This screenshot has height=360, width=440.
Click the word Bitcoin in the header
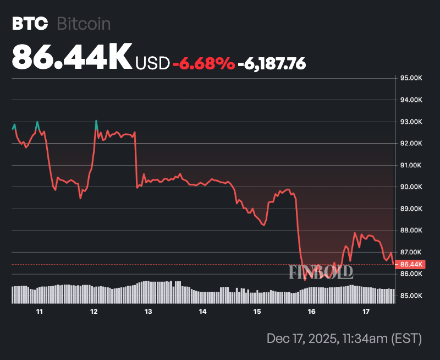coord(84,24)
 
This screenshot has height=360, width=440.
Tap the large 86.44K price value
coord(71,57)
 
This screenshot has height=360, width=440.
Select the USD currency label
coord(152,63)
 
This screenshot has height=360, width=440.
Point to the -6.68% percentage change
coord(204,63)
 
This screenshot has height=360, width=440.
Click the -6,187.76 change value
coord(272,63)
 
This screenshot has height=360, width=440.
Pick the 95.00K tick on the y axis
coord(411,78)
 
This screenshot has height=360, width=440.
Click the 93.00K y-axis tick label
coord(411,122)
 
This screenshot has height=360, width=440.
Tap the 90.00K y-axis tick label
coord(411,187)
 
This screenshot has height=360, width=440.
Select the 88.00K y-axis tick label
coord(411,231)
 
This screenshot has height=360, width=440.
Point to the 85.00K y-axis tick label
coord(411,296)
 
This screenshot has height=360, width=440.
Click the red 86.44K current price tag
coord(411,265)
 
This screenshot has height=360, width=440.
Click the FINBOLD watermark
coord(321,271)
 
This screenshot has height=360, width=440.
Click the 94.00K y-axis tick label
coord(411,100)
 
